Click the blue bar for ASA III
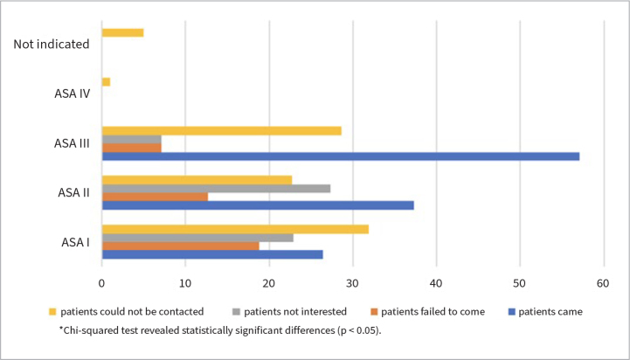pos(341,156)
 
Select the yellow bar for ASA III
pos(222,131)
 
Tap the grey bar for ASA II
pos(216,189)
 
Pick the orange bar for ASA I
pos(180,246)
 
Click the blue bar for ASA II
pos(258,205)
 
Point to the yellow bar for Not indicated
pos(123,33)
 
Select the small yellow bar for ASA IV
pos(106,82)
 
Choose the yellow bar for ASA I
pos(235,230)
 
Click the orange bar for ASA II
pos(155,197)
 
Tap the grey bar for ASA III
pos(132,140)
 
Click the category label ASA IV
pos(73,93)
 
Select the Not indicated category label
pos(52,44)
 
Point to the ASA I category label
pos(75,242)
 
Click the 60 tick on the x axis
pos(603,284)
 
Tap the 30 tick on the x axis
pos(352,284)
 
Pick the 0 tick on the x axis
pos(102,284)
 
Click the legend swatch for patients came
pos(511,312)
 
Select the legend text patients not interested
pos(295,312)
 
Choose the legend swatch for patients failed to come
pos(374,312)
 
